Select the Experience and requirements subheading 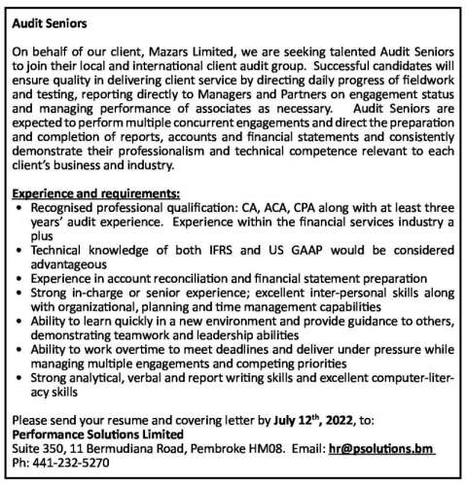(x=96, y=193)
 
